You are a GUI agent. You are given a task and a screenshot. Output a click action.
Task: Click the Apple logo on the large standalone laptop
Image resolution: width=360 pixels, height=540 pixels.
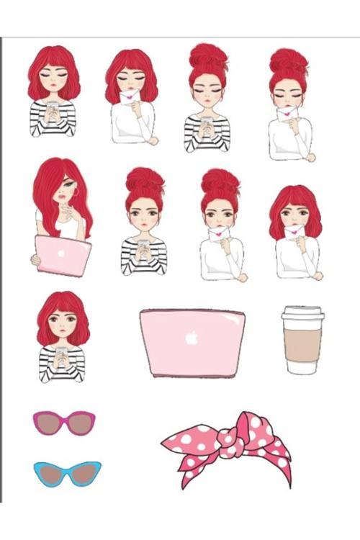tap(192, 338)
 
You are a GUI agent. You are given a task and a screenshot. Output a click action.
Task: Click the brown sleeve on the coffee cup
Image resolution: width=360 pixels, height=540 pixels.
tap(302, 346)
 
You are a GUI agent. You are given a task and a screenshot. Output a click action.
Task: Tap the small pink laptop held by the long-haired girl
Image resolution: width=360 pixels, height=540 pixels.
tap(63, 256)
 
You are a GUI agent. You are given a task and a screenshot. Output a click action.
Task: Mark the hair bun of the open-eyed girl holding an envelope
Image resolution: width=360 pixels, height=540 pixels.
tap(220, 180)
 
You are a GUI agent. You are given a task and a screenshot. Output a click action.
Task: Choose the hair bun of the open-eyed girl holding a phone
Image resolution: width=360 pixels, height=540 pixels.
tap(144, 179)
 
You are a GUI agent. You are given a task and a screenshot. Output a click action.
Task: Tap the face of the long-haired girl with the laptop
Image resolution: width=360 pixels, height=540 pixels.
tap(68, 197)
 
